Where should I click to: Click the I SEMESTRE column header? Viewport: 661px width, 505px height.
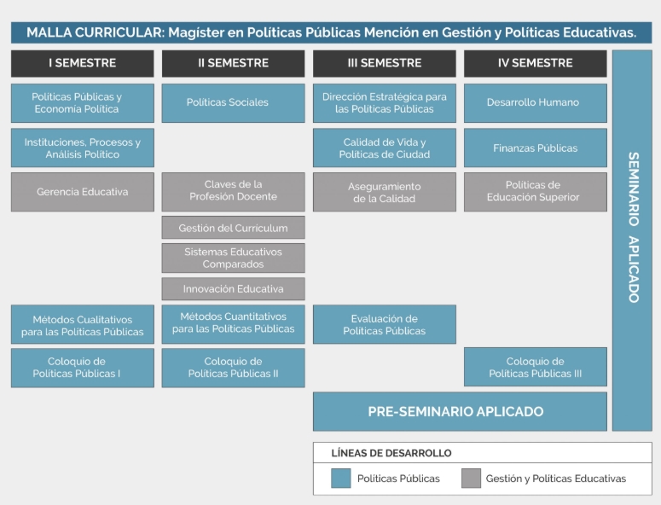[x=82, y=63]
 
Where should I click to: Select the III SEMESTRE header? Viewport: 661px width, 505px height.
[x=384, y=63]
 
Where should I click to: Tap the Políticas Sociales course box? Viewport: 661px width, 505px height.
[x=233, y=102]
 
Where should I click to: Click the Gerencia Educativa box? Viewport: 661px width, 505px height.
[x=82, y=192]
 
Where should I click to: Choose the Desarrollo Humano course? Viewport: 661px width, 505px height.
[x=535, y=102]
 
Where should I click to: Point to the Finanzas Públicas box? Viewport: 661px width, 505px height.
[x=535, y=148]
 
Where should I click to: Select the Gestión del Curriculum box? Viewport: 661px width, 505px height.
[x=233, y=228]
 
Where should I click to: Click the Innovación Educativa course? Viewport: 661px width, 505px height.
[x=233, y=288]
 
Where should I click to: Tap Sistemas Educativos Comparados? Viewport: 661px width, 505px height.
[x=233, y=258]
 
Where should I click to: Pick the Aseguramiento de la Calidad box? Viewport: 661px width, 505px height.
[x=384, y=192]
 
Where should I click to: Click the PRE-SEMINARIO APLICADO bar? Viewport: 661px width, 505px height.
[x=459, y=411]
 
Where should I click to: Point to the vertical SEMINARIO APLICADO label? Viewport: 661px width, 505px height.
[x=632, y=228]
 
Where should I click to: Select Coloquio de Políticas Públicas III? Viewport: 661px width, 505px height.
[x=535, y=367]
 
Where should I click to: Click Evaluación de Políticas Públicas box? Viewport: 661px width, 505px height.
[x=384, y=324]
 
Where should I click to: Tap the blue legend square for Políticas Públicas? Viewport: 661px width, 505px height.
[x=341, y=479]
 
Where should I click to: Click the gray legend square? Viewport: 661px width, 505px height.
[x=471, y=479]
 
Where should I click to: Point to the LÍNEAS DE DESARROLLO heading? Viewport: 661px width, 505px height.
[x=391, y=453]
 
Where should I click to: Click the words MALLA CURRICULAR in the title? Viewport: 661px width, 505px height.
[x=94, y=32]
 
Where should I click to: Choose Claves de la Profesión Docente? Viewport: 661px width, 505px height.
[x=233, y=190]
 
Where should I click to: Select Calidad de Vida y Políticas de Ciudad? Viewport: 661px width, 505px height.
[x=384, y=148]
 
